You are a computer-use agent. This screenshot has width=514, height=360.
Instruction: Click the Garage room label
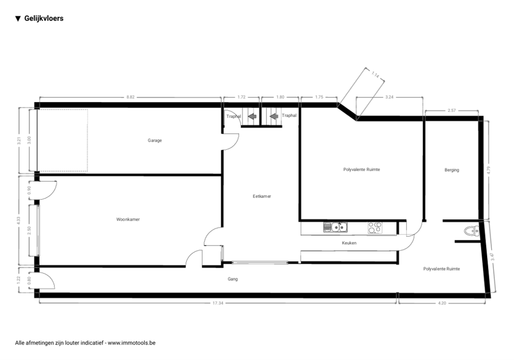(155, 140)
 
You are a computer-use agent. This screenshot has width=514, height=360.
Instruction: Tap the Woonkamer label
(128, 219)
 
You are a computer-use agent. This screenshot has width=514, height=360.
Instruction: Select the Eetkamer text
(262, 196)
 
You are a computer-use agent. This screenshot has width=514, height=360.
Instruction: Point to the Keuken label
(349, 243)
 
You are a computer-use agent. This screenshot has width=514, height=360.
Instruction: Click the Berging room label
(452, 170)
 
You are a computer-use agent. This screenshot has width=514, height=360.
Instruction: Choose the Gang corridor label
(233, 279)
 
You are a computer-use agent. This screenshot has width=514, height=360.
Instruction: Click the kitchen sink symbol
(335, 227)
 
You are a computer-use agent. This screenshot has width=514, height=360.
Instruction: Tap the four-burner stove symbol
(375, 227)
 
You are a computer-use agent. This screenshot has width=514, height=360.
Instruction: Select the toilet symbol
(472, 231)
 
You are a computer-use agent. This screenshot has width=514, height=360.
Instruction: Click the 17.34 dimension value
(218, 303)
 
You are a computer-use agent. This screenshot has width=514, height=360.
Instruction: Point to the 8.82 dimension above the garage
(130, 97)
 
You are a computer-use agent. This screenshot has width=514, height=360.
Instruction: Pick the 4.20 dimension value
(442, 303)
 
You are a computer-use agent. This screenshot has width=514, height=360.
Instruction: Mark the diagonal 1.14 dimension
(375, 75)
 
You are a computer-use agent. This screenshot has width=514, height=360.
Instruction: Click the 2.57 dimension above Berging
(452, 110)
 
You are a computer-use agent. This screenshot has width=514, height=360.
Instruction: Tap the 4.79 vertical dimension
(488, 170)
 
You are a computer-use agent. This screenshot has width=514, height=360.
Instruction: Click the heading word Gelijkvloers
(44, 18)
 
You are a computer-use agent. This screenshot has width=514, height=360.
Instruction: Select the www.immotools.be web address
(131, 343)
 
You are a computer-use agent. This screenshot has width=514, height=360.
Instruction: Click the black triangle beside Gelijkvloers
(18, 19)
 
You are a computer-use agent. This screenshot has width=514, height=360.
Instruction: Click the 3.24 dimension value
(389, 97)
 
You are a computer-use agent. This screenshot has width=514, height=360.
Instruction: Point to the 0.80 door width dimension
(29, 280)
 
